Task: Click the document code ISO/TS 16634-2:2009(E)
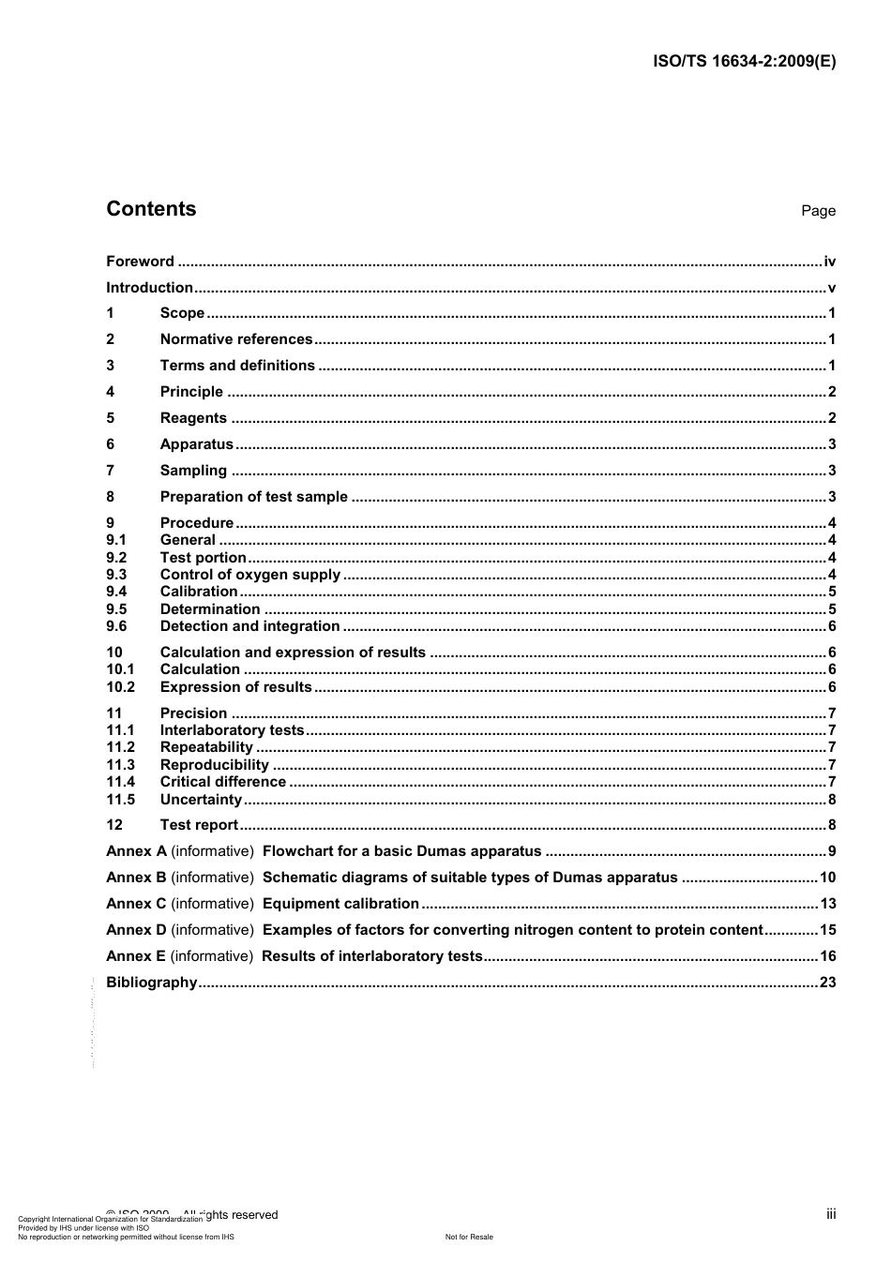click(744, 62)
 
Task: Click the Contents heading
click(151, 209)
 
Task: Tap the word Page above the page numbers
click(818, 211)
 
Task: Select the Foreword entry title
click(140, 262)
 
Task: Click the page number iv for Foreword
click(829, 262)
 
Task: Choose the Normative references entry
click(236, 339)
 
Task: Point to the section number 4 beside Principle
click(111, 392)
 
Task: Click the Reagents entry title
click(193, 418)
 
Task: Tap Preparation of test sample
click(253, 497)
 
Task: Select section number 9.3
click(116, 575)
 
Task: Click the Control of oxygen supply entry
click(250, 575)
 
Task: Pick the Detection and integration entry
click(249, 626)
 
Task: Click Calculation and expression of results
click(293, 653)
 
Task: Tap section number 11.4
click(120, 782)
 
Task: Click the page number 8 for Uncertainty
click(832, 800)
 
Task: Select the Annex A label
click(136, 851)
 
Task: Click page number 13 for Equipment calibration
click(827, 904)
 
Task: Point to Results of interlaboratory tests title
click(371, 956)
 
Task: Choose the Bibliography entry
click(152, 983)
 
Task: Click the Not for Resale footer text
click(469, 1237)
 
